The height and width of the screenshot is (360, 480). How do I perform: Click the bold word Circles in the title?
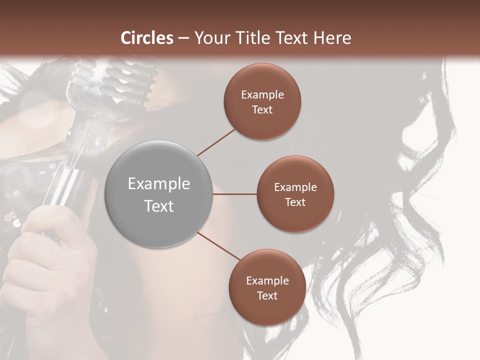coord(147,38)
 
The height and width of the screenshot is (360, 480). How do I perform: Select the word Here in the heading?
coord(331,38)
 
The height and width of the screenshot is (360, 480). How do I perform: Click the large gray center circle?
coord(158,194)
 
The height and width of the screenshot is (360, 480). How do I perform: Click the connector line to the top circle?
coord(216,141)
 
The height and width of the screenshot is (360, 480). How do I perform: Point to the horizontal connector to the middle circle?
coord(234,194)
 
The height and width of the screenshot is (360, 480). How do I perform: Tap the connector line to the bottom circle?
coord(218,246)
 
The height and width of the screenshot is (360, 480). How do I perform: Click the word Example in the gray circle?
coord(159,184)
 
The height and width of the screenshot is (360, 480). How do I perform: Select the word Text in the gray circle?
coord(159,206)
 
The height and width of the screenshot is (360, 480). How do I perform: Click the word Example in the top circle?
coord(262,95)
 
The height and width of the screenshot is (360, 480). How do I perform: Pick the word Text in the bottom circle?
coord(267,296)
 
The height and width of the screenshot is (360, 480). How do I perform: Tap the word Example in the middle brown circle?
coord(295,187)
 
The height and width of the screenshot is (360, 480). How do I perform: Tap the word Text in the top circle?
coord(262,110)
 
